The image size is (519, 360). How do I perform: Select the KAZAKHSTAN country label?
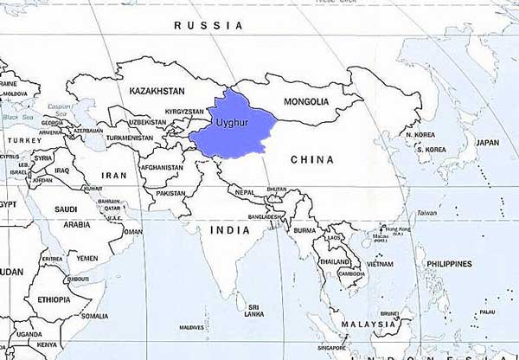point(157,91)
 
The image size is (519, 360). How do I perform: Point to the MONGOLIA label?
point(306,101)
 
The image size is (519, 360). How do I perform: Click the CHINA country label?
point(311,159)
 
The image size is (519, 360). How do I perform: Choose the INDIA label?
point(230,230)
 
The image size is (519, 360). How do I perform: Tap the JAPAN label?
point(488,142)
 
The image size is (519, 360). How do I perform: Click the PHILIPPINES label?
point(449,263)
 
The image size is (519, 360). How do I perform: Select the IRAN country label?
point(113,175)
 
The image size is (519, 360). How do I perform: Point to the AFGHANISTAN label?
point(161,167)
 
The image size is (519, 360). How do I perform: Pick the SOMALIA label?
point(94,316)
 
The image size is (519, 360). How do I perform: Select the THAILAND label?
point(335,261)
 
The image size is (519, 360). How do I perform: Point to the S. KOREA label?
point(430,149)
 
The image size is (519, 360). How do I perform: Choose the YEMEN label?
point(86,258)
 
